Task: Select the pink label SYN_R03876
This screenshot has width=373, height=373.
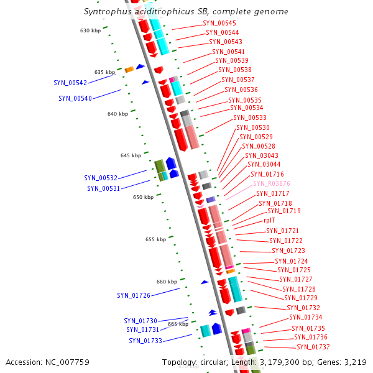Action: [271, 184]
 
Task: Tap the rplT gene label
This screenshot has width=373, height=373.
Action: [269, 220]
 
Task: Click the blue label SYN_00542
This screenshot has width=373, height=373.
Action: [70, 83]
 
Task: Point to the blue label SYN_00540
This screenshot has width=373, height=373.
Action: [75, 98]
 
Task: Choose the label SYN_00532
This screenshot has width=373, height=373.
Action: [101, 178]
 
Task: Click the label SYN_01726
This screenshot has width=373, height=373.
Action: [134, 295]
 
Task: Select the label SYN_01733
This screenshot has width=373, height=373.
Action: [145, 341]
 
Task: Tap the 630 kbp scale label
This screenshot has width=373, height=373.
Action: [90, 30]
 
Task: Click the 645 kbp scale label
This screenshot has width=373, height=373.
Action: [131, 155]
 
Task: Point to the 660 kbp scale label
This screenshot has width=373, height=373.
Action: [167, 282]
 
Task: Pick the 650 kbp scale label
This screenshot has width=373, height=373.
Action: [143, 197]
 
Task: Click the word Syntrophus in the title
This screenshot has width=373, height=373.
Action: [103, 12]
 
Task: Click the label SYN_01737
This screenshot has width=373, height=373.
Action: [313, 347]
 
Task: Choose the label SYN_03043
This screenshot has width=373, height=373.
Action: [262, 155]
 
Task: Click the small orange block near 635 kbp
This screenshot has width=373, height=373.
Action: [129, 70]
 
